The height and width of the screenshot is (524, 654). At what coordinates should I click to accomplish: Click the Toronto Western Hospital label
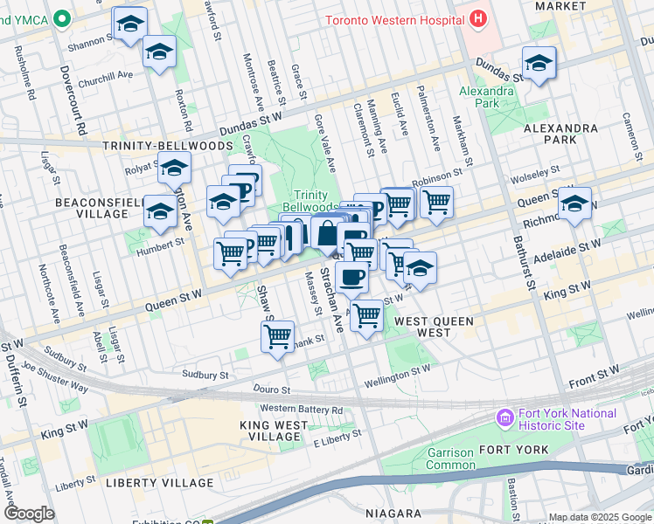click(393, 19)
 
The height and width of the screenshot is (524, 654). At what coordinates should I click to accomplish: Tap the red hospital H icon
click(477, 17)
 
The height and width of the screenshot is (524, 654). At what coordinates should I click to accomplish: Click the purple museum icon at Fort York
click(504, 418)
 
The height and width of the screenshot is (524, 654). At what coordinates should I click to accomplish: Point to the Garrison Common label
click(450, 459)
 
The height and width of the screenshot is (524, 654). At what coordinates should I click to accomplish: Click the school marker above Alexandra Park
click(539, 63)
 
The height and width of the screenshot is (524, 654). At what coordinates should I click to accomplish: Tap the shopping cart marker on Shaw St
click(277, 337)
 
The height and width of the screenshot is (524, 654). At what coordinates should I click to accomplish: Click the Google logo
click(29, 514)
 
